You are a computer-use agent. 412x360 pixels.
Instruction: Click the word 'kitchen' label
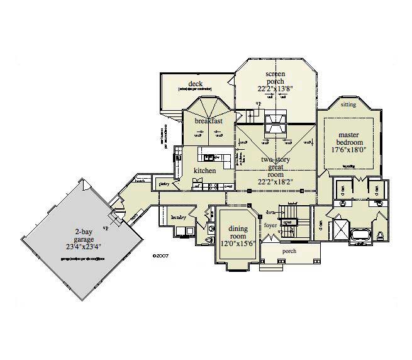pyautogui.click(x=205, y=171)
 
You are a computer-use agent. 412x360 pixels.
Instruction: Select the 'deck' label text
pyautogui.click(x=195, y=84)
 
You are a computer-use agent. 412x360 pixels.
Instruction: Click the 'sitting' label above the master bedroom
pyautogui.click(x=348, y=104)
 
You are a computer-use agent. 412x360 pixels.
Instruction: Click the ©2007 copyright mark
pyautogui.click(x=162, y=256)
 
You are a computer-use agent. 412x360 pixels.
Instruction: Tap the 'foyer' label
pyautogui.click(x=270, y=224)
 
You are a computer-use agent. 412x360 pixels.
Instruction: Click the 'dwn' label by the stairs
pyautogui.click(x=271, y=213)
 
